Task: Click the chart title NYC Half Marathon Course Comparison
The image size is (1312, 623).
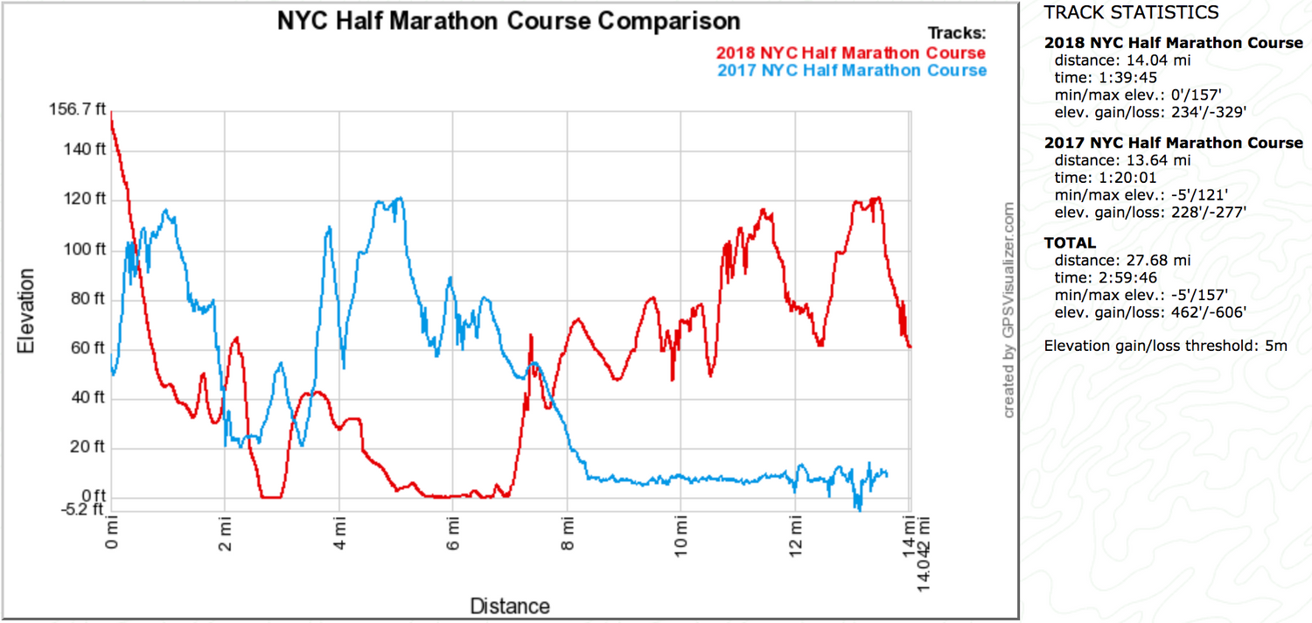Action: click(508, 21)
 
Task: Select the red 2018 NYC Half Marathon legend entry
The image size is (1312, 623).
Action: click(851, 52)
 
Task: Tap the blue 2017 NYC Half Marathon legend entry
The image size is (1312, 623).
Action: click(852, 70)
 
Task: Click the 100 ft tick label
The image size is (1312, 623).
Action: click(86, 249)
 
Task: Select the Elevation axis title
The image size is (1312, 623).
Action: click(27, 311)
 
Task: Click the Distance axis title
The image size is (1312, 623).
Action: click(510, 605)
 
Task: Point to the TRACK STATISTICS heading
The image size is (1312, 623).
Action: click(1119, 12)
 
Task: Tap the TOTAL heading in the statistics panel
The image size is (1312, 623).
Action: click(1070, 242)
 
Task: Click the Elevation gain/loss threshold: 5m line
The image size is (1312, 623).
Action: click(1165, 346)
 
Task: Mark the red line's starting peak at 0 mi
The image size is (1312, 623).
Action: click(111, 114)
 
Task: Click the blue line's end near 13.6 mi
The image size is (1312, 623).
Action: click(887, 474)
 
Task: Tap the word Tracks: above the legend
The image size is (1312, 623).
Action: click(957, 33)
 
